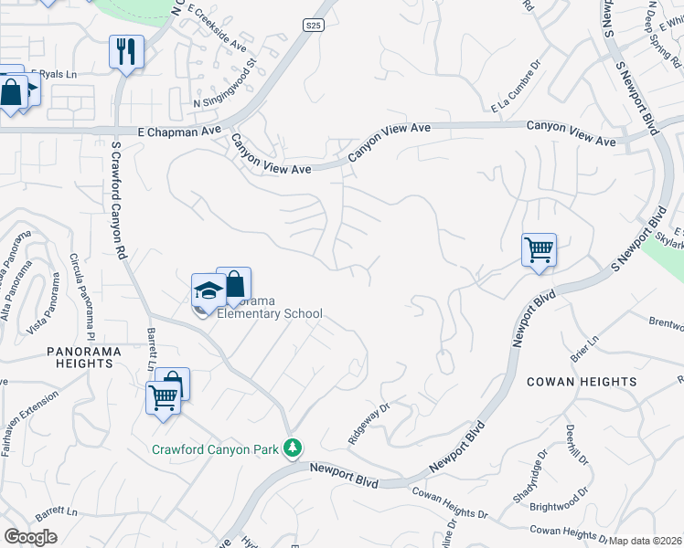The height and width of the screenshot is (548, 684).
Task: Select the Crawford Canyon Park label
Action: [x=214, y=449]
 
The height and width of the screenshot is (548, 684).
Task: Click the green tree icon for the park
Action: [x=293, y=448]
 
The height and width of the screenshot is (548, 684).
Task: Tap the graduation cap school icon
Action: [x=208, y=291]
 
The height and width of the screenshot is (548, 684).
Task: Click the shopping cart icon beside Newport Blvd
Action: [x=539, y=248]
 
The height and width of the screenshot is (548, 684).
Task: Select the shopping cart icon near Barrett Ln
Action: [x=163, y=397]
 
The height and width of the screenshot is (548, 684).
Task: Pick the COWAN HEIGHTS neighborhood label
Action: [x=582, y=382]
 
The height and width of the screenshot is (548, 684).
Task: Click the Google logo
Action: [x=30, y=537]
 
